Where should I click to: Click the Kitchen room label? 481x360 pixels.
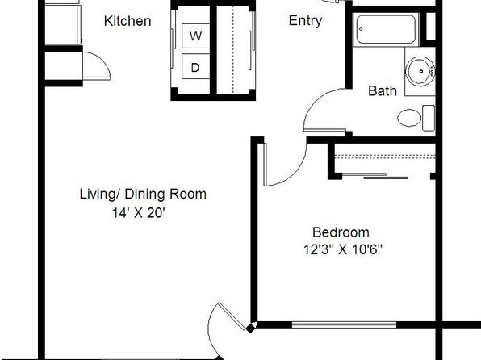coord(128,21)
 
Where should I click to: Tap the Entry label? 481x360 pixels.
coord(305,20)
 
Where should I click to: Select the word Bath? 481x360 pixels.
coord(383,91)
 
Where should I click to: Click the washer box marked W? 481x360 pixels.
coord(196,36)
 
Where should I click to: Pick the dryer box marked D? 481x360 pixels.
coord(195,67)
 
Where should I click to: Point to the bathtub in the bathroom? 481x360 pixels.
coord(386,30)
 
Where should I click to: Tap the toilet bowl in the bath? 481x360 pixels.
coord(409,118)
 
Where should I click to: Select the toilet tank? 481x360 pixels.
coord(429,118)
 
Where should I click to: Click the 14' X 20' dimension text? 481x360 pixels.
coord(139,212)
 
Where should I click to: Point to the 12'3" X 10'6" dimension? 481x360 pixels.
coord(343,249)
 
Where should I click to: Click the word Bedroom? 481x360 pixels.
coord(341,232)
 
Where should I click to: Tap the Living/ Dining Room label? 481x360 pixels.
coord(143,195)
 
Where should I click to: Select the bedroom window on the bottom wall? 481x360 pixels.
coord(344,324)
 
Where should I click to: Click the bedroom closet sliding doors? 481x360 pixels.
coord(374,176)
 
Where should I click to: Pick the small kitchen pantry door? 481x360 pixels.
coord(97,66)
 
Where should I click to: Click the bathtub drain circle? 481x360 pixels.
coord(361,30)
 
